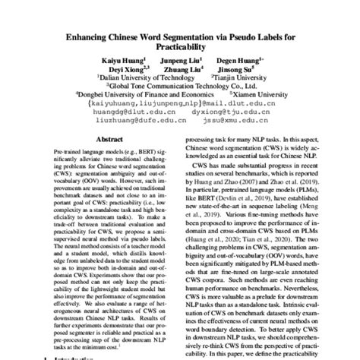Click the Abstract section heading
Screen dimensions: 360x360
coord(109,141)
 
